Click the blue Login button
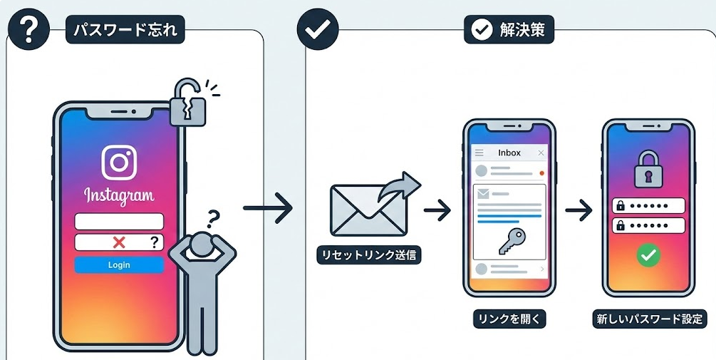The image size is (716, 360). [119, 265]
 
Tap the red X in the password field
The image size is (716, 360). [119, 242]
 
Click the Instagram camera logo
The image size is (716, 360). [119, 163]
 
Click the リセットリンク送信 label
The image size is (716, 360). [369, 255]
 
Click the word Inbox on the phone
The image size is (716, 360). [509, 153]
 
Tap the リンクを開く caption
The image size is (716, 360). [509, 319]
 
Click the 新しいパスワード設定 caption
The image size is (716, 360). [648, 319]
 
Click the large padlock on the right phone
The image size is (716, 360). [648, 168]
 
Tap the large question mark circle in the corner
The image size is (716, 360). [28, 29]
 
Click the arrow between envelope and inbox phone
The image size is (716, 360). [437, 210]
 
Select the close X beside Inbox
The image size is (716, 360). [541, 153]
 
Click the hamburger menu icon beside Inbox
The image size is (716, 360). [479, 153]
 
